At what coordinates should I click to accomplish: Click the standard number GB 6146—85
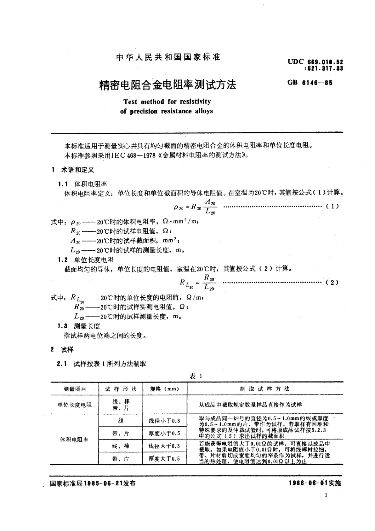pyautogui.click(x=310, y=83)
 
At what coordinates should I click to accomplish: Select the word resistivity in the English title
pyautogui.click(x=195, y=102)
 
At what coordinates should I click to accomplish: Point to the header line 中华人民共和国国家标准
pyautogui.click(x=168, y=57)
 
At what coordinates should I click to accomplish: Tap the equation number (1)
pyautogui.click(x=332, y=206)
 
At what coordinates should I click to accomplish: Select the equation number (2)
pyautogui.click(x=332, y=282)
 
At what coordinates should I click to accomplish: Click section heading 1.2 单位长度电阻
pyautogui.click(x=86, y=260)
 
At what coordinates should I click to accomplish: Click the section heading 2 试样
pyautogui.click(x=62, y=350)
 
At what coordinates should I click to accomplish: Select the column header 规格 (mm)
pyautogui.click(x=165, y=389)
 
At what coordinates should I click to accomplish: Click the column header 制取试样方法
pyautogui.click(x=264, y=389)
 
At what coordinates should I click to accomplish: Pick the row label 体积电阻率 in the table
pyautogui.click(x=74, y=440)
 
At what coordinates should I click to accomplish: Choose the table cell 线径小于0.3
pyautogui.click(x=164, y=421)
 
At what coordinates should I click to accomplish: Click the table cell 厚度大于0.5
pyautogui.click(x=164, y=458)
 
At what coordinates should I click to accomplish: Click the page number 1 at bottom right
pyautogui.click(x=326, y=495)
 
